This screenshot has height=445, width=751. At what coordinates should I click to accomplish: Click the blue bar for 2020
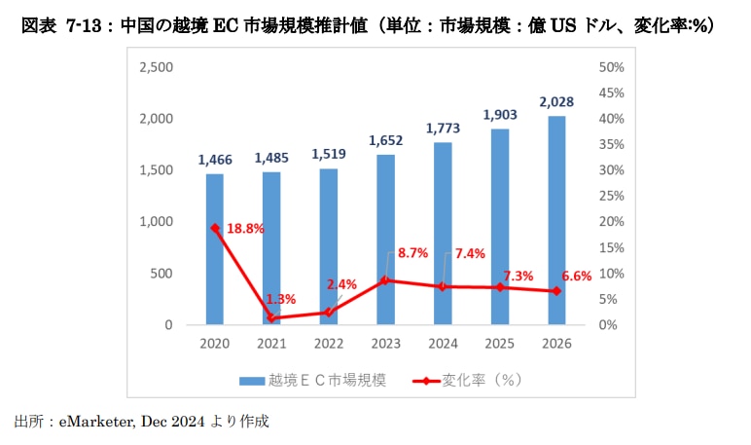tap(214, 248)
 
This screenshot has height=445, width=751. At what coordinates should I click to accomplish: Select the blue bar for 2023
tap(385, 239)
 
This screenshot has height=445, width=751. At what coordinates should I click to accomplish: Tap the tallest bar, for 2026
tap(556, 219)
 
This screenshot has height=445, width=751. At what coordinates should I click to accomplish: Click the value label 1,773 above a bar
tap(443, 129)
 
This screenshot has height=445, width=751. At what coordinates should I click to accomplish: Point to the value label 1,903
tap(500, 115)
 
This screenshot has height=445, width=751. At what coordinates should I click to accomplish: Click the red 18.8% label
tap(245, 229)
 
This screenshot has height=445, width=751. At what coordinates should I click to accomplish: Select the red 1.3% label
tap(281, 298)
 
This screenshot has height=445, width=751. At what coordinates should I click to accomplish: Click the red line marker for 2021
tap(271, 317)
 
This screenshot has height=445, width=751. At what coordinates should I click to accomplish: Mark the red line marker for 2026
tap(556, 291)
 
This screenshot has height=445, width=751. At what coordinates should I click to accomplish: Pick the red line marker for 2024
tap(443, 286)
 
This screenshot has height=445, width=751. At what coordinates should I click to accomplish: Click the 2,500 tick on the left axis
tap(156, 67)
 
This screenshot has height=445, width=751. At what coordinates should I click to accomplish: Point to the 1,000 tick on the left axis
tap(156, 222)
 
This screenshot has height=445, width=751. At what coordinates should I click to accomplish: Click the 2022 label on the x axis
tap(328, 344)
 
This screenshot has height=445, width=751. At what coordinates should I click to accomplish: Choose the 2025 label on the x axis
tap(500, 344)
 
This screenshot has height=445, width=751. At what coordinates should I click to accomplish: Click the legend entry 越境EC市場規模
tap(311, 380)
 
